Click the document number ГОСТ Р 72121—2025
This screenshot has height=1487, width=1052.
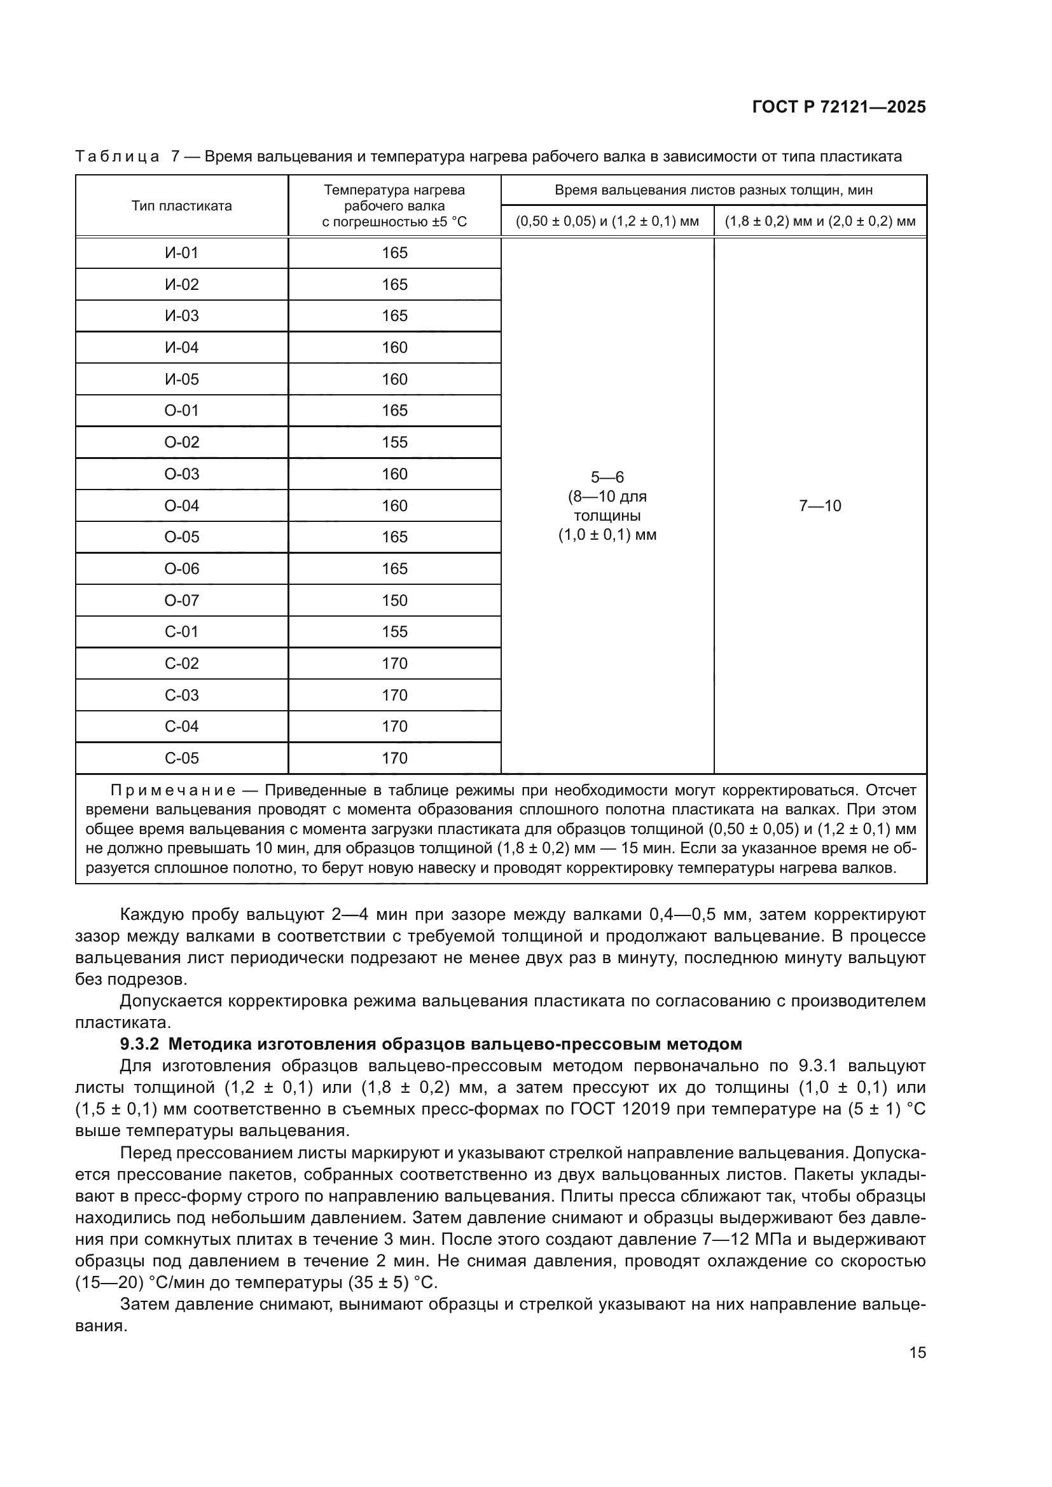[x=838, y=107]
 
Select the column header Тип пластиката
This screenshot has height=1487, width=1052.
[x=181, y=206]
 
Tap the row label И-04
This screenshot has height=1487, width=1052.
[x=181, y=348]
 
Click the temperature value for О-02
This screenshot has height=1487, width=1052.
[x=394, y=442]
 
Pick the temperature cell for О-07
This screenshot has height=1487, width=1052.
[x=394, y=600]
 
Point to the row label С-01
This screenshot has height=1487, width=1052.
[x=181, y=631]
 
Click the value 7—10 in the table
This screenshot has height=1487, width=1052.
[x=819, y=506]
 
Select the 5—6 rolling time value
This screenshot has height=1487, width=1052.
[x=607, y=477]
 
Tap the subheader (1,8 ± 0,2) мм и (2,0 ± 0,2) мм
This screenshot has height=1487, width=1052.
[x=819, y=221]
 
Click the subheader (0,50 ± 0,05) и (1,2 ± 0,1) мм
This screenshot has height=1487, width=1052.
[x=607, y=221]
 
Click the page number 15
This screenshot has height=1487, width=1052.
[x=917, y=1352]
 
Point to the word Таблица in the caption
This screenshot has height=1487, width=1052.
[x=117, y=157]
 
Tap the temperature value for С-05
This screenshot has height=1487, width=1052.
[x=394, y=758]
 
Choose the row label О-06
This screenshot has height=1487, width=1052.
[x=181, y=568]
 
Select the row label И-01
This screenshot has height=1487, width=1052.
[x=181, y=253]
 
